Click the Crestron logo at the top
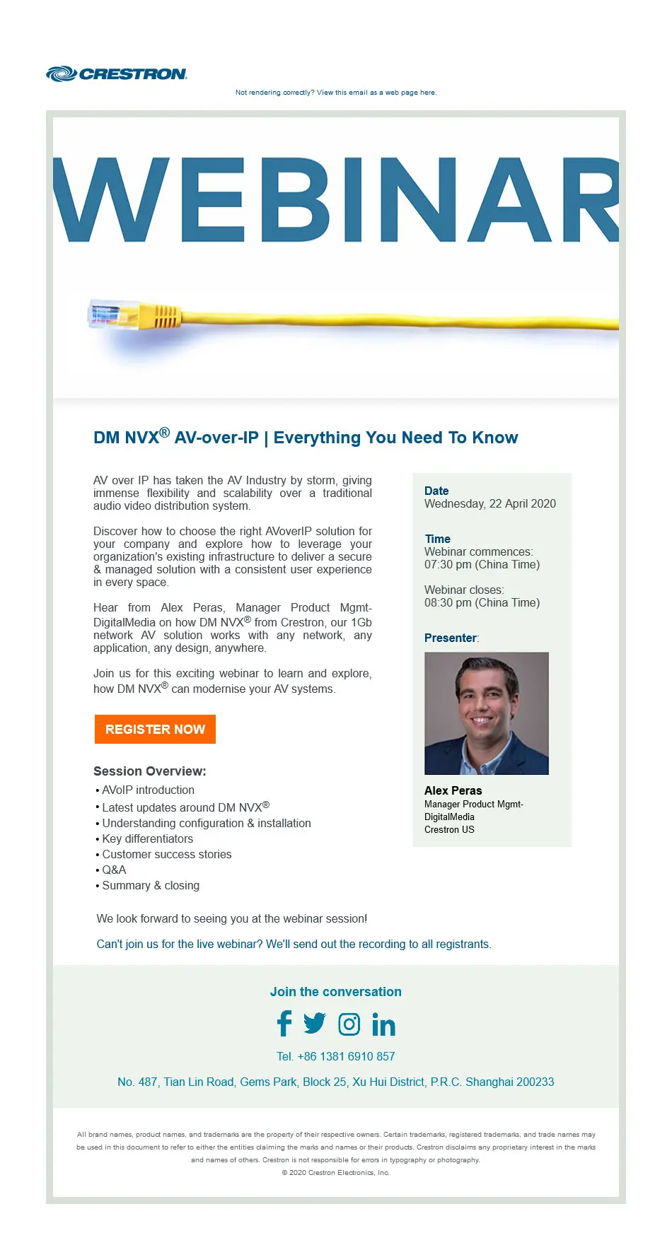[x=117, y=74]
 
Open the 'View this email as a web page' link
[x=336, y=93]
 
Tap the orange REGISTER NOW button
[x=155, y=729]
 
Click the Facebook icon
[x=284, y=1024]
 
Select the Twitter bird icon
[x=315, y=1023]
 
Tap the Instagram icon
[x=349, y=1024]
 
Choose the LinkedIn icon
[x=383, y=1024]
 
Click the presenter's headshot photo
[x=487, y=713]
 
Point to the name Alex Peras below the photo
[x=453, y=790]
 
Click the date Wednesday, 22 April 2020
[x=489, y=503]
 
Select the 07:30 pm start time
[x=482, y=564]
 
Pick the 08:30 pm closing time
[x=482, y=602]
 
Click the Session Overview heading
[x=150, y=771]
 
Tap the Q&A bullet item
[x=114, y=870]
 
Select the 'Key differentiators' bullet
[x=147, y=838]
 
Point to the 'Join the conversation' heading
[x=336, y=991]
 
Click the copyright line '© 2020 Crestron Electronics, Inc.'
[x=336, y=1172]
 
